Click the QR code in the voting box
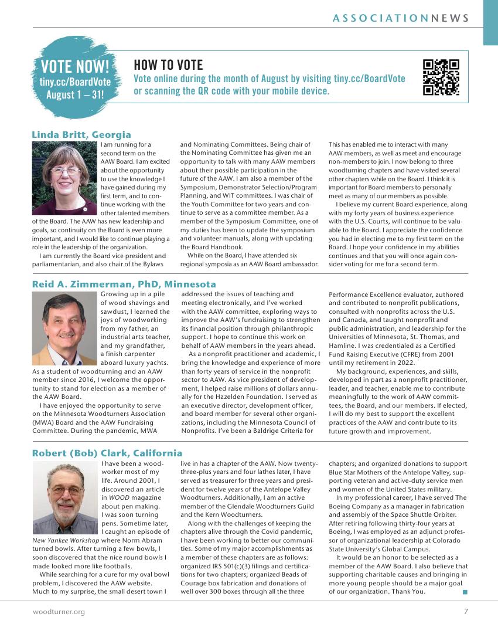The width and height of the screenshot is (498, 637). click(441, 77)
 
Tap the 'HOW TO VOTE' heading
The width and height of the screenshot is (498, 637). click(168, 65)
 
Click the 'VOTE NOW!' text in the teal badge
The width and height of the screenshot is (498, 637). click(75, 66)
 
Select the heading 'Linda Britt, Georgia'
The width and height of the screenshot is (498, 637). click(81, 134)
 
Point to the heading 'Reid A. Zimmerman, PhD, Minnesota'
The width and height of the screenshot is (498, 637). click(124, 284)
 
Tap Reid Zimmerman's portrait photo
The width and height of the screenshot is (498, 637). click(64, 328)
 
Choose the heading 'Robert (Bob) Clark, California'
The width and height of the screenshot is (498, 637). click(107, 453)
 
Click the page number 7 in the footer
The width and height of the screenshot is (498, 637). click(466, 612)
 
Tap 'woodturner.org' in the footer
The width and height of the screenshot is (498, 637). click(59, 612)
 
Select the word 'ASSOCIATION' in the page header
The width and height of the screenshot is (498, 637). click(380, 18)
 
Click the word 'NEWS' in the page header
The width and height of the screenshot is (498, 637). click(450, 18)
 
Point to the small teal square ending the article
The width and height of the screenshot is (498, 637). click(465, 592)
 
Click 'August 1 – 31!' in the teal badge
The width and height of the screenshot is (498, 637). click(75, 94)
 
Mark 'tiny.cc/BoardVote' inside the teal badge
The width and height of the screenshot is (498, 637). click(75, 82)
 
